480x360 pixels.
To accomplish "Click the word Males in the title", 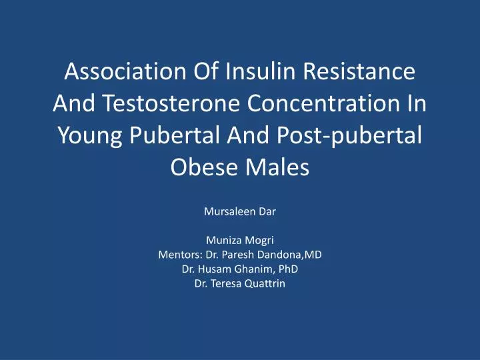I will (x=281, y=167).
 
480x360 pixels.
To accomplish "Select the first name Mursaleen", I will (x=231, y=214).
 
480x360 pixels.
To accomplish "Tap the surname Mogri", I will (x=260, y=242).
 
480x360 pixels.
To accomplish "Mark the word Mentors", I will (x=177, y=255).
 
